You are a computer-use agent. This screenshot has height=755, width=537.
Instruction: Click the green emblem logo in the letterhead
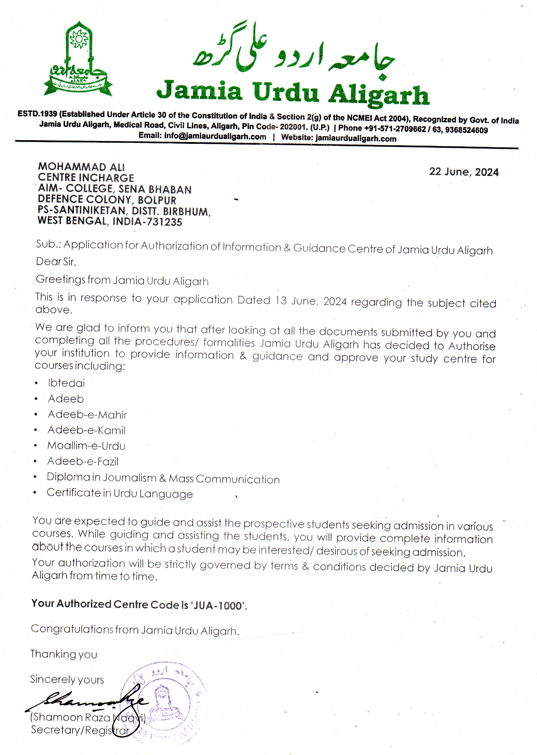(x=78, y=61)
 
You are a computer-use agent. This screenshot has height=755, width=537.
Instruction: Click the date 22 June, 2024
(x=464, y=172)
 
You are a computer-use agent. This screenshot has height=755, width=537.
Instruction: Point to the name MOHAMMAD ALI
(x=81, y=167)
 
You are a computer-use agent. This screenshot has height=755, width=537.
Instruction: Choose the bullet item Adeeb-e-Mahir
(x=87, y=414)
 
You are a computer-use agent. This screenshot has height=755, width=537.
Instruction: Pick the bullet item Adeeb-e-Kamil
(x=87, y=430)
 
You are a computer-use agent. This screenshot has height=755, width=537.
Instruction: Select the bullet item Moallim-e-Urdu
(x=86, y=446)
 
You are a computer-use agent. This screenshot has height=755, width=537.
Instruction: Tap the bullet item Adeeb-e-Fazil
(x=83, y=461)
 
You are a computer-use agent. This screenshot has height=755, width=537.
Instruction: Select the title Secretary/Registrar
(x=80, y=730)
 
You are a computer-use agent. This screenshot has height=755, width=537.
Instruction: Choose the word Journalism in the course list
(x=129, y=478)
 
